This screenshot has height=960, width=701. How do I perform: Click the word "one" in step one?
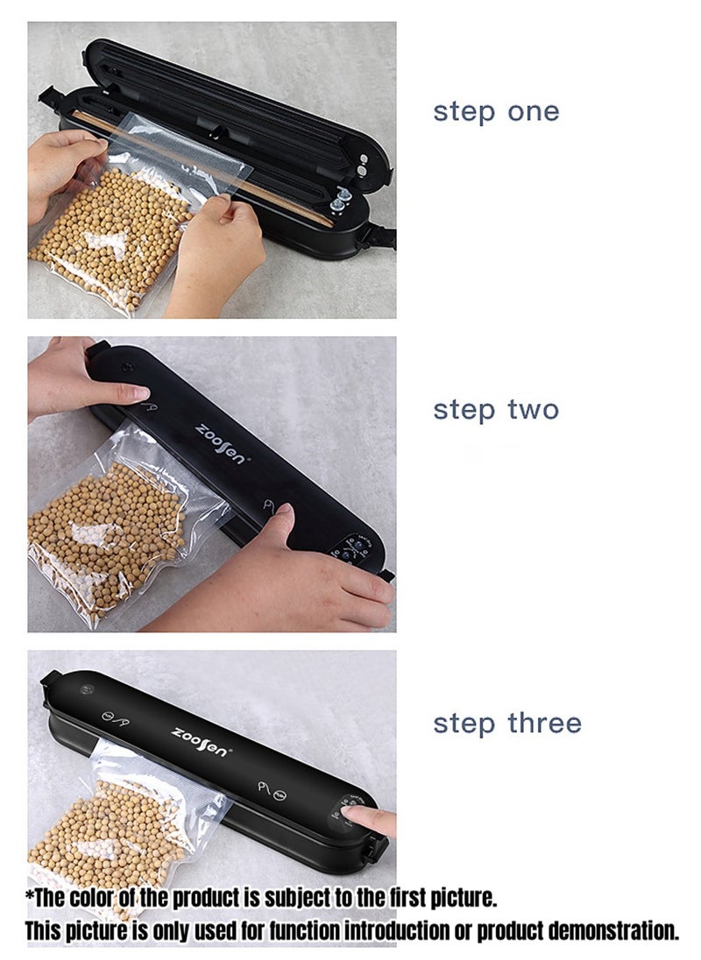coord(534,113)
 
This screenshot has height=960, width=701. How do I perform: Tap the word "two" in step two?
coord(534,410)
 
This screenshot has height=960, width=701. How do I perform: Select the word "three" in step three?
coord(545,723)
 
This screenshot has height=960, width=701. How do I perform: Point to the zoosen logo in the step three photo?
coord(200,741)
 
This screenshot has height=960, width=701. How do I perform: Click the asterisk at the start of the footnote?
coord(30,894)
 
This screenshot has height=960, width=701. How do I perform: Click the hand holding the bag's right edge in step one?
coord(215,251)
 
